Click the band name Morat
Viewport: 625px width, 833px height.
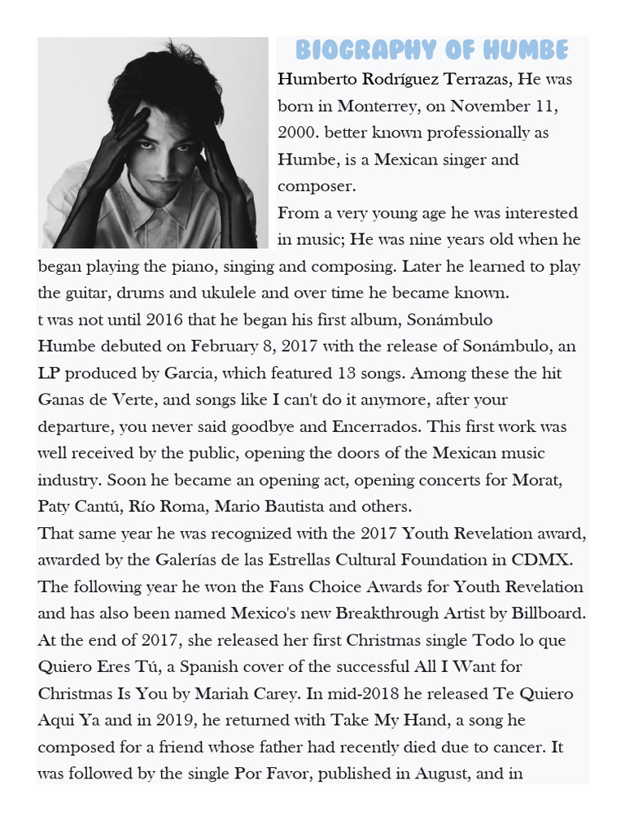point(535,479)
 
